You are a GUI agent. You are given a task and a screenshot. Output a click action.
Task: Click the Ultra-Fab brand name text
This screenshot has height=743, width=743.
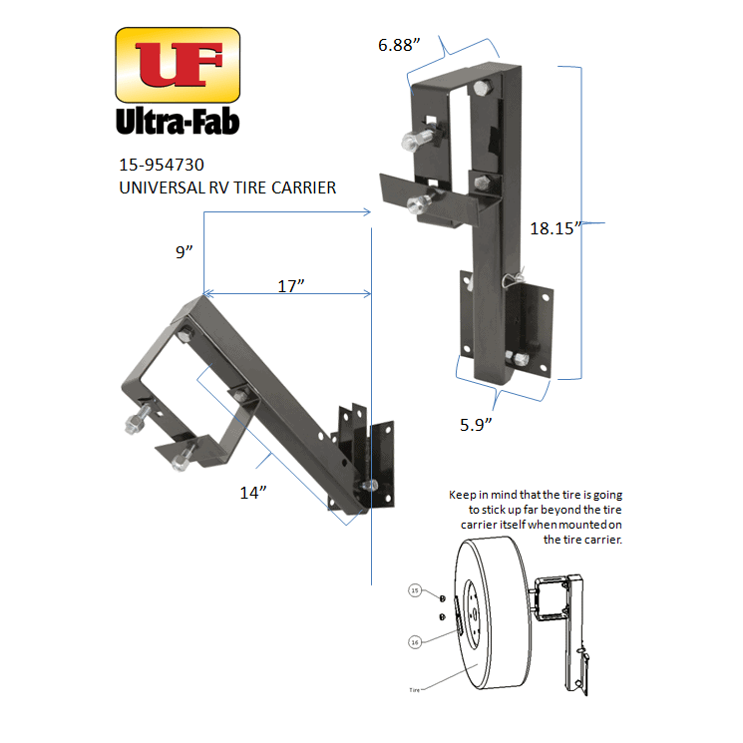point(178,122)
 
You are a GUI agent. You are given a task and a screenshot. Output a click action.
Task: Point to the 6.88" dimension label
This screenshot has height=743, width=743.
point(399,45)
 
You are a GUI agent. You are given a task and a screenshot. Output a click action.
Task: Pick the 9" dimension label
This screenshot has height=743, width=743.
point(183,253)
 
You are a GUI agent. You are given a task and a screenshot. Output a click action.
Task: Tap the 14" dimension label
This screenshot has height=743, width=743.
point(254,491)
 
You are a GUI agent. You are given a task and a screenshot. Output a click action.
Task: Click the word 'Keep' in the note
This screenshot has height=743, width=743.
point(464,495)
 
